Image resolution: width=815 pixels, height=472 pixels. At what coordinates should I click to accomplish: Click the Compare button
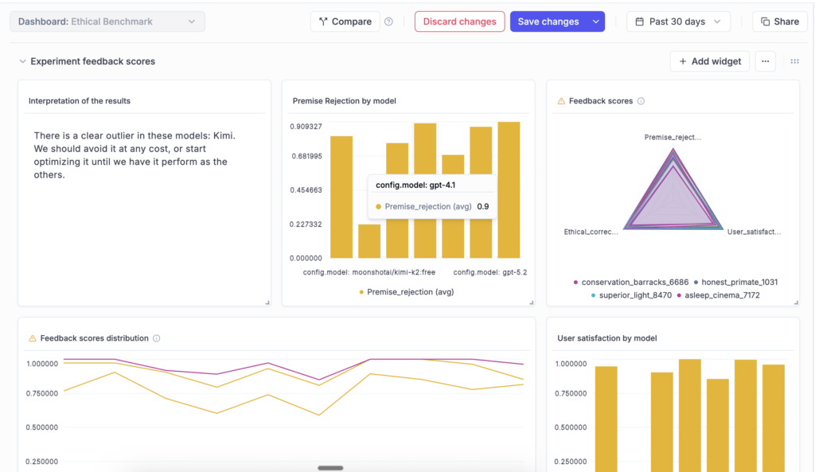345,21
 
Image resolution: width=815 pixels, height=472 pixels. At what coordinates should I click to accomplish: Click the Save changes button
548,21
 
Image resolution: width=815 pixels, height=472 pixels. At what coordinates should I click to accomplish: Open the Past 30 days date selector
678,21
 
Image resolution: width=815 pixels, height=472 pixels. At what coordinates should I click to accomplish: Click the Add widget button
709,61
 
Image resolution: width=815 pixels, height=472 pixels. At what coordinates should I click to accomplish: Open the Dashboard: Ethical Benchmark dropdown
107,21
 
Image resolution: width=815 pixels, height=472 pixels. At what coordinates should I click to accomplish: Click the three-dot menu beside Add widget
765,61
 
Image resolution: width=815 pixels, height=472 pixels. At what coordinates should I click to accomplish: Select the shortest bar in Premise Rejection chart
369,241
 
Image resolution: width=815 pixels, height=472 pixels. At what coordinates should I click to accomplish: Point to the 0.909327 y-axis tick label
306,127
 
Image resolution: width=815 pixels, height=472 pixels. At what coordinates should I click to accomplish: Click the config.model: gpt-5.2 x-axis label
490,272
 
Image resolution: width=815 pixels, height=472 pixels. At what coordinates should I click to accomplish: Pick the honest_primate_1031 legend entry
739,283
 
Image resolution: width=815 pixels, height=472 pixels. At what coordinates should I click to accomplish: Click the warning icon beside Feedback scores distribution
33,338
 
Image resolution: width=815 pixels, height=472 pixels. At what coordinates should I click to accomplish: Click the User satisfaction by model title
606,338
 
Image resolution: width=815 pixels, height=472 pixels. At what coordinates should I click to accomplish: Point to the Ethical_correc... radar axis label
591,232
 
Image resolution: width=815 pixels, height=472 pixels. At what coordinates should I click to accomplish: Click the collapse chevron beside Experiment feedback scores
22,61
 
